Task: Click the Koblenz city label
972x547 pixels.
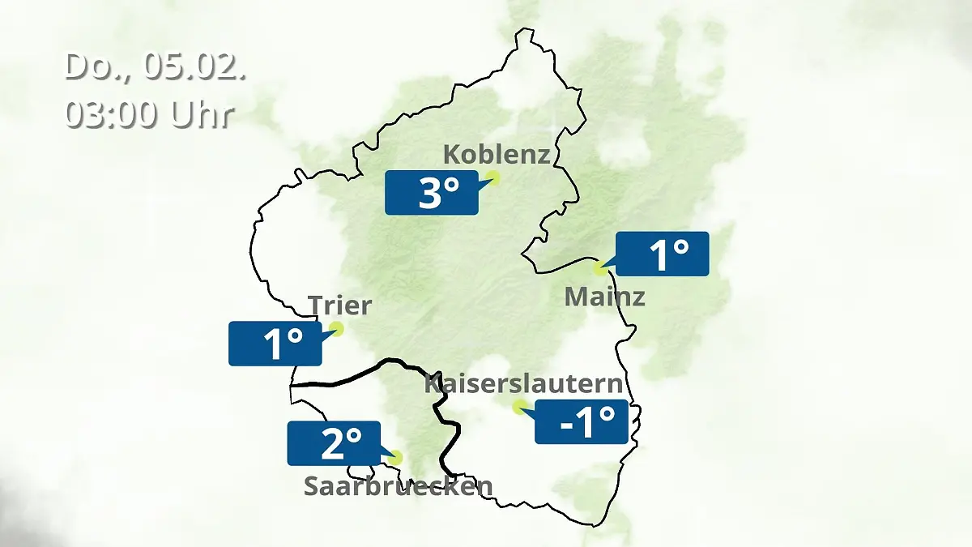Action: [x=497, y=154]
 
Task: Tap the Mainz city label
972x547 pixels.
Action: [x=604, y=297]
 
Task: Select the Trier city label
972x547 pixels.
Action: [x=339, y=306]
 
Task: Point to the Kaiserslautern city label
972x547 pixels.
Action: [x=524, y=384]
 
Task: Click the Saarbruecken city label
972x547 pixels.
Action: [x=398, y=486]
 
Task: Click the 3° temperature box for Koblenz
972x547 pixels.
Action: [x=431, y=193]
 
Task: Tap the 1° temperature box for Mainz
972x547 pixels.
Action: [x=663, y=254]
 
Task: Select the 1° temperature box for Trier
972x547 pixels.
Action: [x=275, y=343]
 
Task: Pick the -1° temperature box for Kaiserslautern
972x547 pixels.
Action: [x=582, y=421]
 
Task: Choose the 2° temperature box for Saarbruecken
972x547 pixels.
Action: [x=334, y=443]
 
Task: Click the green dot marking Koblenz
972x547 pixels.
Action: [x=492, y=177]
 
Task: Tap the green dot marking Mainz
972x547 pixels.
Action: [x=600, y=267]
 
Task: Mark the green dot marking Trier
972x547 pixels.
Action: [x=336, y=328]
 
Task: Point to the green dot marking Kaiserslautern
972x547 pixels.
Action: [x=518, y=406]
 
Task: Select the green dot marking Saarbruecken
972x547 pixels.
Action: [x=394, y=457]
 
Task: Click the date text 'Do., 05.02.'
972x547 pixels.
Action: [x=155, y=66]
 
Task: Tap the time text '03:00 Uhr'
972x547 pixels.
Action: [x=150, y=114]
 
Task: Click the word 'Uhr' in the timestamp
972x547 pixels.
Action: [x=202, y=114]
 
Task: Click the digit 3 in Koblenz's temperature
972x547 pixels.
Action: [x=429, y=194]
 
